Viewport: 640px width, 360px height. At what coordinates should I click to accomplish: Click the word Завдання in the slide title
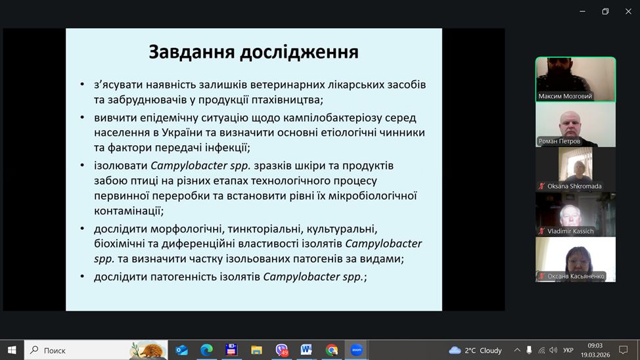tap(191, 53)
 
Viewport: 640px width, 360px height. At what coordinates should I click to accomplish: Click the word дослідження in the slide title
tap(299, 53)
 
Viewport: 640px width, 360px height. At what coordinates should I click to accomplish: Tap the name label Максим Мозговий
tap(565, 97)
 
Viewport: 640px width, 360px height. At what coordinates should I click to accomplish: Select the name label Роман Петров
tap(559, 141)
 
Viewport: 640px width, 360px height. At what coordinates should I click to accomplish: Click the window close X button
tap(628, 11)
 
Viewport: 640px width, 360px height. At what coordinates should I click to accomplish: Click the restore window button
tap(605, 11)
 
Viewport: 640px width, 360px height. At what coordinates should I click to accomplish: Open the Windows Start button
tap(12, 350)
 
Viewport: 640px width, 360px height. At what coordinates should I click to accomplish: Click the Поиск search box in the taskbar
tap(96, 350)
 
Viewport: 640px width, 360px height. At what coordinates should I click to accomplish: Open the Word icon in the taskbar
tap(306, 349)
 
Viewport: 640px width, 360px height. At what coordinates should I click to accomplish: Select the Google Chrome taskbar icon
tap(331, 349)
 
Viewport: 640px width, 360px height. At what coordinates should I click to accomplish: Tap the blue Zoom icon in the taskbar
tap(356, 349)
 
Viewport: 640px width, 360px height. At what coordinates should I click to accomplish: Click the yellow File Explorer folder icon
tap(256, 349)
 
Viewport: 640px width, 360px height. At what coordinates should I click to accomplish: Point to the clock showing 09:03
tap(595, 346)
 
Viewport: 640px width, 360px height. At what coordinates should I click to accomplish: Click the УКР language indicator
tap(568, 350)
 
